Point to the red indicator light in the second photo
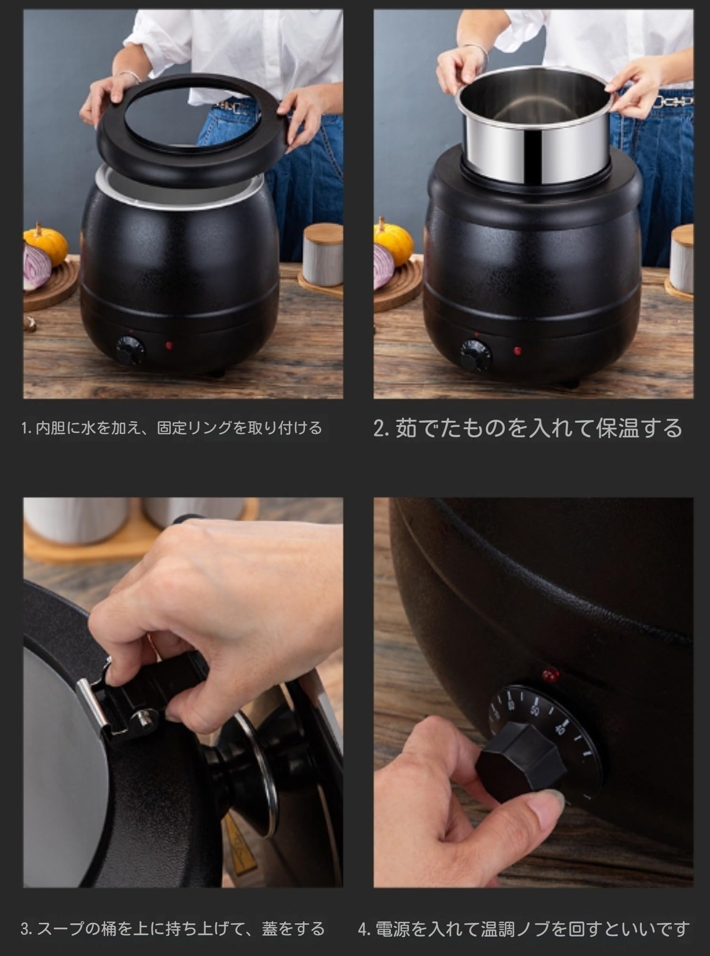point(518,351)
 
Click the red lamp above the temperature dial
point(549,673)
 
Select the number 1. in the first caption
point(27,429)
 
